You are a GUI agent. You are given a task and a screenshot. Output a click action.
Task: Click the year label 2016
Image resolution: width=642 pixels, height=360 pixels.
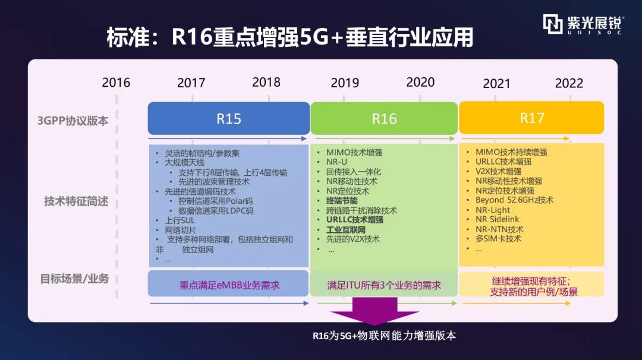click(116, 83)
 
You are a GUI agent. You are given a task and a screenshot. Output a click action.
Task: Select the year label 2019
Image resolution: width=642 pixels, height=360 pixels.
click(345, 83)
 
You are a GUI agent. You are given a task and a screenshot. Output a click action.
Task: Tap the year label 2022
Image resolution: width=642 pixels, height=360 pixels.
click(569, 83)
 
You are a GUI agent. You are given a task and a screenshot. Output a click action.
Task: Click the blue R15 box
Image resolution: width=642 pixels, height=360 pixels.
click(228, 118)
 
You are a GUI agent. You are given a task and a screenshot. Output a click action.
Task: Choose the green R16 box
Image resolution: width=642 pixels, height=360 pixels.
click(384, 118)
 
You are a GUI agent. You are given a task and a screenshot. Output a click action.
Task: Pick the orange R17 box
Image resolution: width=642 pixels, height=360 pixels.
click(531, 118)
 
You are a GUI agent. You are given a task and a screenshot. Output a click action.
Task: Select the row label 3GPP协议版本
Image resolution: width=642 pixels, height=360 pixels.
click(73, 121)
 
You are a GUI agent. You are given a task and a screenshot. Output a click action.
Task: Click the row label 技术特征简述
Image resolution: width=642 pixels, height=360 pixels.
click(76, 201)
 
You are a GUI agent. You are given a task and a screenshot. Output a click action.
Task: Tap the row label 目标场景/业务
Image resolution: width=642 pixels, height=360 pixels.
click(74, 279)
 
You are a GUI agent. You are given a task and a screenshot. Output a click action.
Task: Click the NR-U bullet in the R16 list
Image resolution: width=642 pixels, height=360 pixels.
click(336, 162)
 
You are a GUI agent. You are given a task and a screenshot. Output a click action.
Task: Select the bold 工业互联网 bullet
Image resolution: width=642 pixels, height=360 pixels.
click(345, 229)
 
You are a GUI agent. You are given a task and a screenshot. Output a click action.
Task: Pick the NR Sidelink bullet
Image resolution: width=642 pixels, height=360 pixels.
click(497, 219)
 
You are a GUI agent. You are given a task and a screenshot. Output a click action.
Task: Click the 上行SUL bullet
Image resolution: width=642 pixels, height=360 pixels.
click(180, 220)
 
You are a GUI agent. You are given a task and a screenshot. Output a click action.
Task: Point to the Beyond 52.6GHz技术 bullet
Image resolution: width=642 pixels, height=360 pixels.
click(514, 200)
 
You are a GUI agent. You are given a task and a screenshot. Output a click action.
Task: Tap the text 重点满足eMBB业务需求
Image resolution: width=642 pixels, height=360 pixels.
click(229, 285)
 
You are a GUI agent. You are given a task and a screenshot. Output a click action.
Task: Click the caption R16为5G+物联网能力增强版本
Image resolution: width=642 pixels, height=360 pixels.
click(384, 336)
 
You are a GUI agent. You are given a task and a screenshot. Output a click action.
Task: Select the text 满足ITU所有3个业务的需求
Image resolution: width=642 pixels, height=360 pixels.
click(383, 285)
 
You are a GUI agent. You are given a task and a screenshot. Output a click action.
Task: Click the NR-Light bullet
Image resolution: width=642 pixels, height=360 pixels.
click(493, 210)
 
